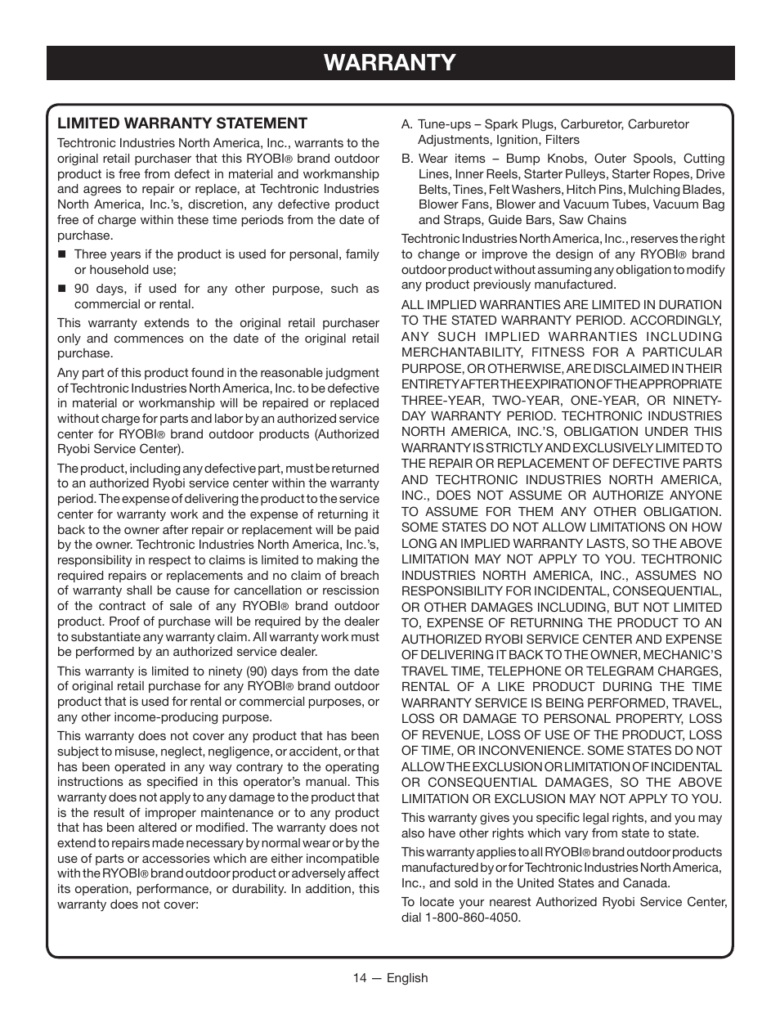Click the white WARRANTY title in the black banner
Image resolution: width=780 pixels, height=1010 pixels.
[390, 63]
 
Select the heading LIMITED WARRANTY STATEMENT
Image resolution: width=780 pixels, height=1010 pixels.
[182, 123]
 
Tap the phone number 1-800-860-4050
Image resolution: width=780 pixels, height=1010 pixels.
[474, 918]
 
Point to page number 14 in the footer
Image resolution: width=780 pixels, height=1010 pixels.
[361, 978]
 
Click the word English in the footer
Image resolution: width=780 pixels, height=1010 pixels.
[407, 978]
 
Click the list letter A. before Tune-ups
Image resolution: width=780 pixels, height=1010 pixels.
[406, 124]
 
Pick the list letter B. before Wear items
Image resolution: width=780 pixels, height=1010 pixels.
[406, 159]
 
